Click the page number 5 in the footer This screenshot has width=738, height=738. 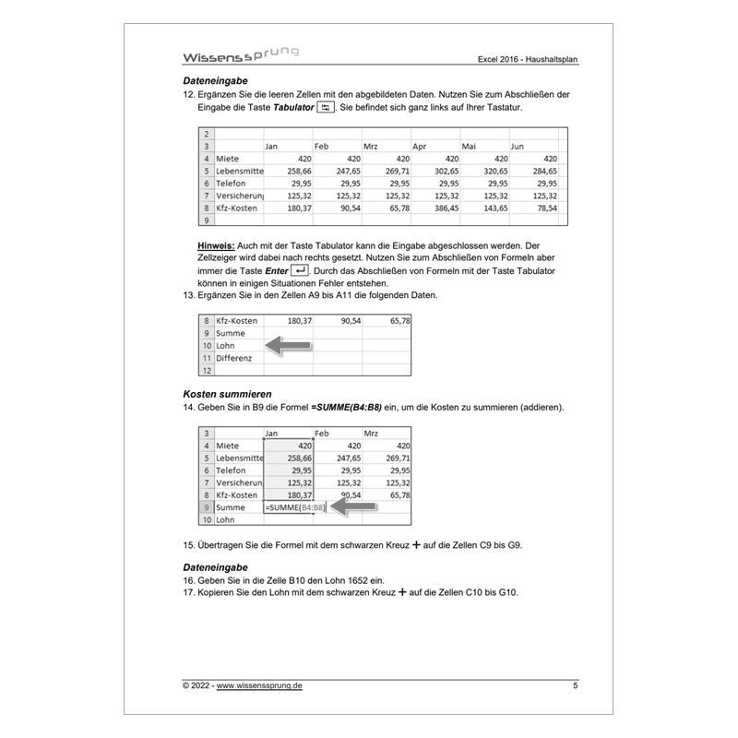point(576,685)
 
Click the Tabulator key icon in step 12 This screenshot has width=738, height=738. point(324,108)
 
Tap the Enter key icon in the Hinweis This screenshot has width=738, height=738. point(298,270)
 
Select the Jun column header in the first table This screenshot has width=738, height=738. point(518,146)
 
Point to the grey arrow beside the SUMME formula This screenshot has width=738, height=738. point(355,506)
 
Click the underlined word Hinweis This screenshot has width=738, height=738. point(216,246)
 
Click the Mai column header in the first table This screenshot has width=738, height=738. point(469,146)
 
